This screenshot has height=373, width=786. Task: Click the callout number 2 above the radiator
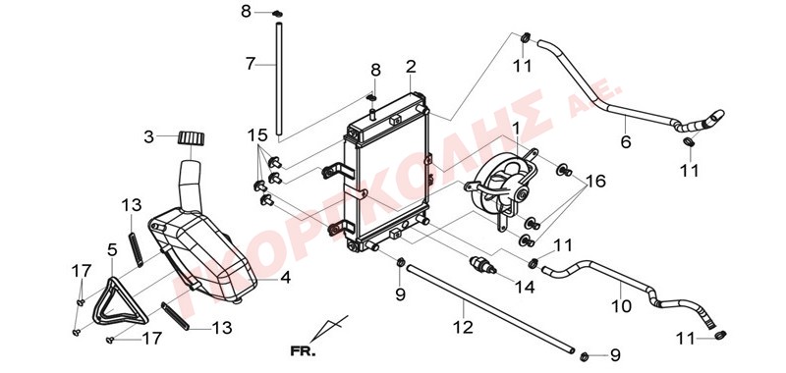[411, 67]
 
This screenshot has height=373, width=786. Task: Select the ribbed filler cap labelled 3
[192, 137]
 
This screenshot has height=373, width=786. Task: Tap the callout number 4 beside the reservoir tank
[285, 278]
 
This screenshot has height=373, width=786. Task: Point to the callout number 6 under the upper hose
[626, 141]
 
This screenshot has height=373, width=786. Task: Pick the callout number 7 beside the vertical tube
[251, 64]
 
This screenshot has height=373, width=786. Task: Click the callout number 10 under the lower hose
[622, 305]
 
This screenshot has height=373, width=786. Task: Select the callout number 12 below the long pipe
[462, 328]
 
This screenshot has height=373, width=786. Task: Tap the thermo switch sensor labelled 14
[482, 265]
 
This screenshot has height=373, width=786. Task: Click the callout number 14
[524, 287]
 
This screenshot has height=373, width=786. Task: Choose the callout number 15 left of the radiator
[257, 135]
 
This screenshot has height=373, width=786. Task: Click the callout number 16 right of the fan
[595, 181]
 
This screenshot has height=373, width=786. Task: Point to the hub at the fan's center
[522, 193]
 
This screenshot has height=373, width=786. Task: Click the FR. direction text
[304, 351]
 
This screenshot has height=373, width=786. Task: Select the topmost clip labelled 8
[277, 13]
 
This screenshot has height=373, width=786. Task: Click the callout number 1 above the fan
[515, 130]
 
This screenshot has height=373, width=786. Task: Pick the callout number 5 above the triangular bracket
[112, 249]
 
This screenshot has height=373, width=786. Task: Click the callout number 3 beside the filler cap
[149, 136]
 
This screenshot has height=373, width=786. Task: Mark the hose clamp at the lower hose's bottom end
[720, 335]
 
